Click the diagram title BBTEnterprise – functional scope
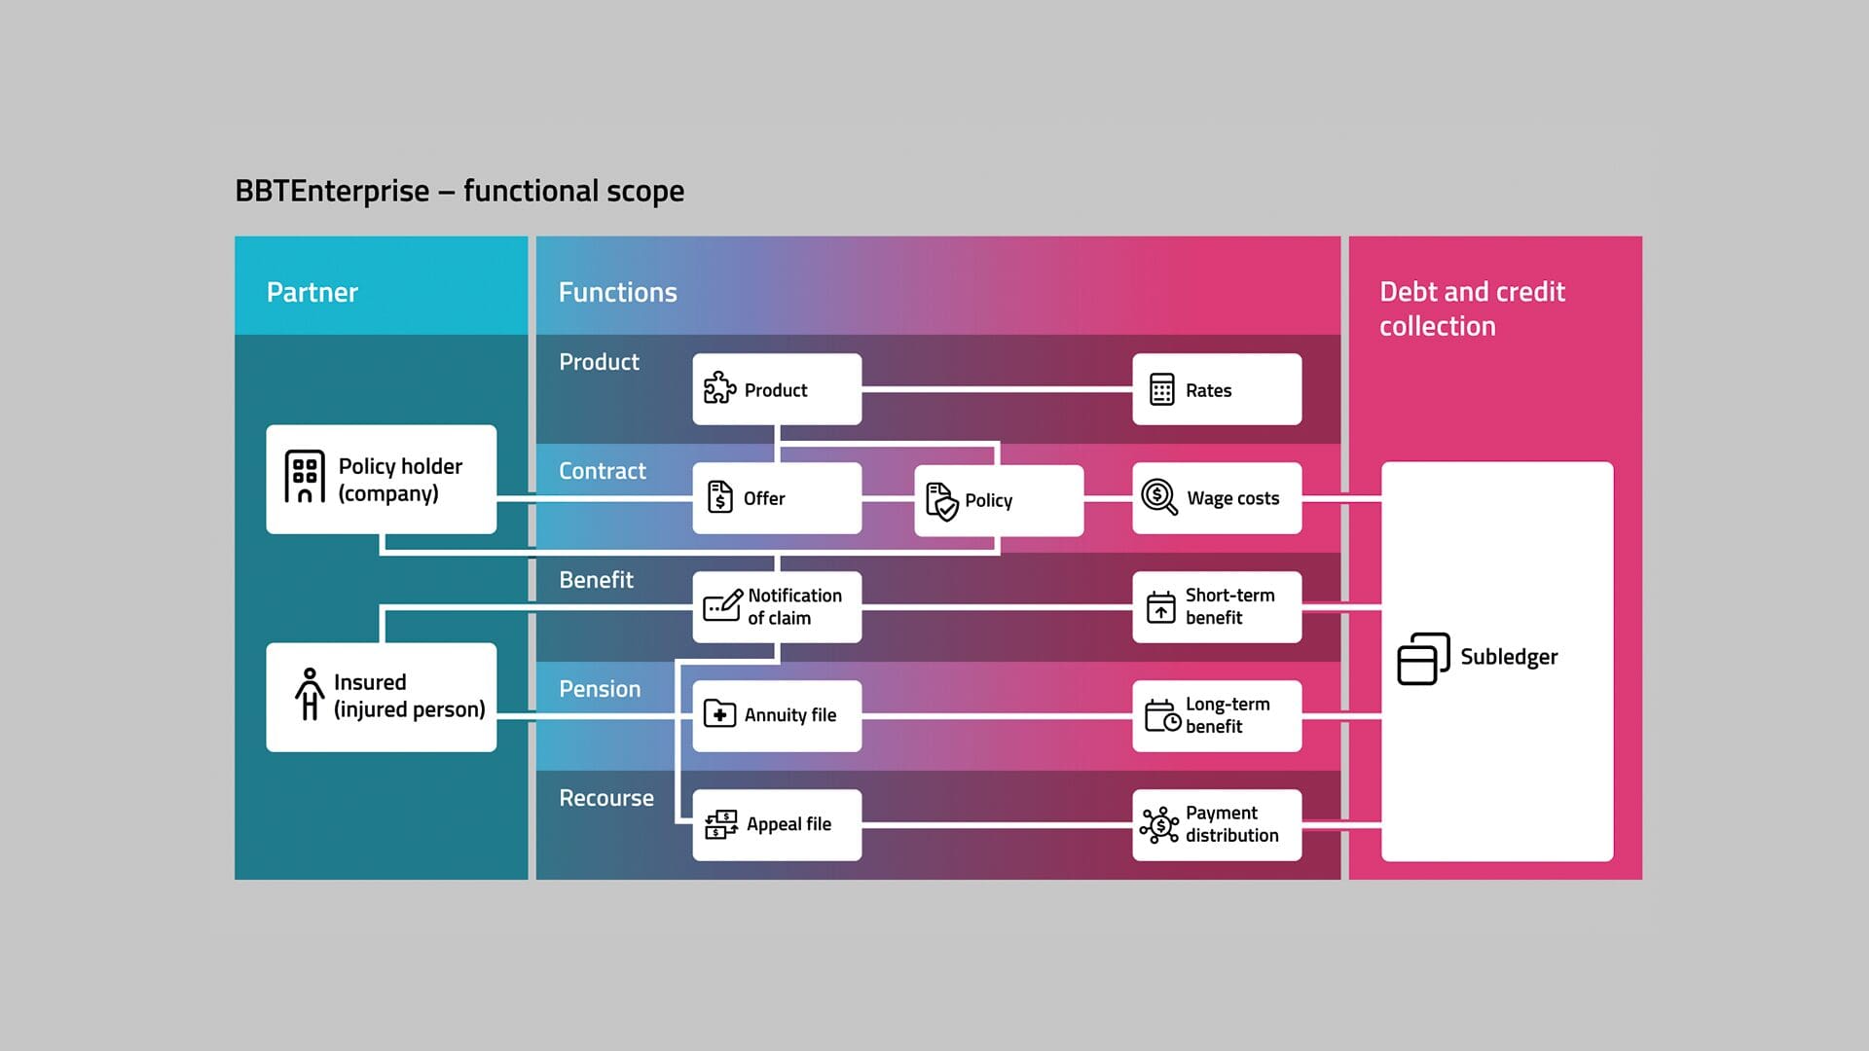(x=458, y=191)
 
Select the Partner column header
(x=312, y=292)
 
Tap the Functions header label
(x=617, y=292)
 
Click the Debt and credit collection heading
(x=1471, y=308)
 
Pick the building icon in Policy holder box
(x=304, y=477)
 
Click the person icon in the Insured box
(x=310, y=694)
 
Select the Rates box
(x=1216, y=389)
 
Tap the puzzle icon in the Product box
(x=719, y=387)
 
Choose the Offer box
(x=776, y=498)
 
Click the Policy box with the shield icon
(x=998, y=500)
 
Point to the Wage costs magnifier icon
(x=1158, y=497)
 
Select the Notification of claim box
(x=776, y=606)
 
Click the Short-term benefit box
(x=1216, y=606)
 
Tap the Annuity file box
(x=776, y=715)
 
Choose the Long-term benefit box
(x=1216, y=715)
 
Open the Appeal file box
(x=776, y=824)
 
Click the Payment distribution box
(x=1216, y=824)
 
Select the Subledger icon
(x=1422, y=659)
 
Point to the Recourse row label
(x=605, y=798)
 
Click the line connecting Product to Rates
(x=997, y=388)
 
